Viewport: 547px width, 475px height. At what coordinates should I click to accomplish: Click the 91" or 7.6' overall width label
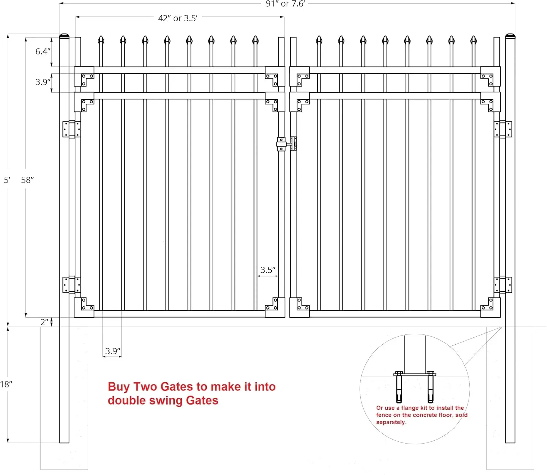(x=285, y=4)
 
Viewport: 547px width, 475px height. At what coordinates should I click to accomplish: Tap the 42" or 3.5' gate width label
(x=178, y=18)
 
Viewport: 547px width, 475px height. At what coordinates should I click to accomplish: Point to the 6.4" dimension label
(x=43, y=51)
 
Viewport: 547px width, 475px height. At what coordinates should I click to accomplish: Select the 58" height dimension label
(x=27, y=180)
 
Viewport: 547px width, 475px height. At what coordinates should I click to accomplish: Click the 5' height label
(x=7, y=180)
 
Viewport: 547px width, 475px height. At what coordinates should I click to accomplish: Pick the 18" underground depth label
(x=6, y=384)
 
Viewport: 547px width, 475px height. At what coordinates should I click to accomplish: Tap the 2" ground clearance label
(x=44, y=322)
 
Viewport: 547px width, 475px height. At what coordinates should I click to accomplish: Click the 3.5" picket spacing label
(x=268, y=270)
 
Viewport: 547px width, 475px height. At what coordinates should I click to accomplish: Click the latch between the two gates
(x=287, y=144)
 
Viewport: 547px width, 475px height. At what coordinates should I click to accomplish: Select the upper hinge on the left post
(x=71, y=129)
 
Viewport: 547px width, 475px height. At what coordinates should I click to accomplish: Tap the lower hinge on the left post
(x=71, y=285)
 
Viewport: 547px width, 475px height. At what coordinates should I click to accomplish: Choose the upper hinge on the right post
(x=503, y=129)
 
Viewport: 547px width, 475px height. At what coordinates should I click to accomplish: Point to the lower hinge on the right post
(x=503, y=285)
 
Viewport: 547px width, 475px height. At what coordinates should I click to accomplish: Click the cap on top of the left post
(x=65, y=36)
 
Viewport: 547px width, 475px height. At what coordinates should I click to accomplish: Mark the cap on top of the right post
(x=510, y=36)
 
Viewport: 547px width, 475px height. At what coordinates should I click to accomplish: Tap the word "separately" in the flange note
(x=391, y=422)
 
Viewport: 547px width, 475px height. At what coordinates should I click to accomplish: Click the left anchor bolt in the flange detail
(x=399, y=387)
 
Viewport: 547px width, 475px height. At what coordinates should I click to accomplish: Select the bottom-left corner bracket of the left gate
(x=84, y=307)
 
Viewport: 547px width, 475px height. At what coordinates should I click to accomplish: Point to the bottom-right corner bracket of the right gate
(x=490, y=307)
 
